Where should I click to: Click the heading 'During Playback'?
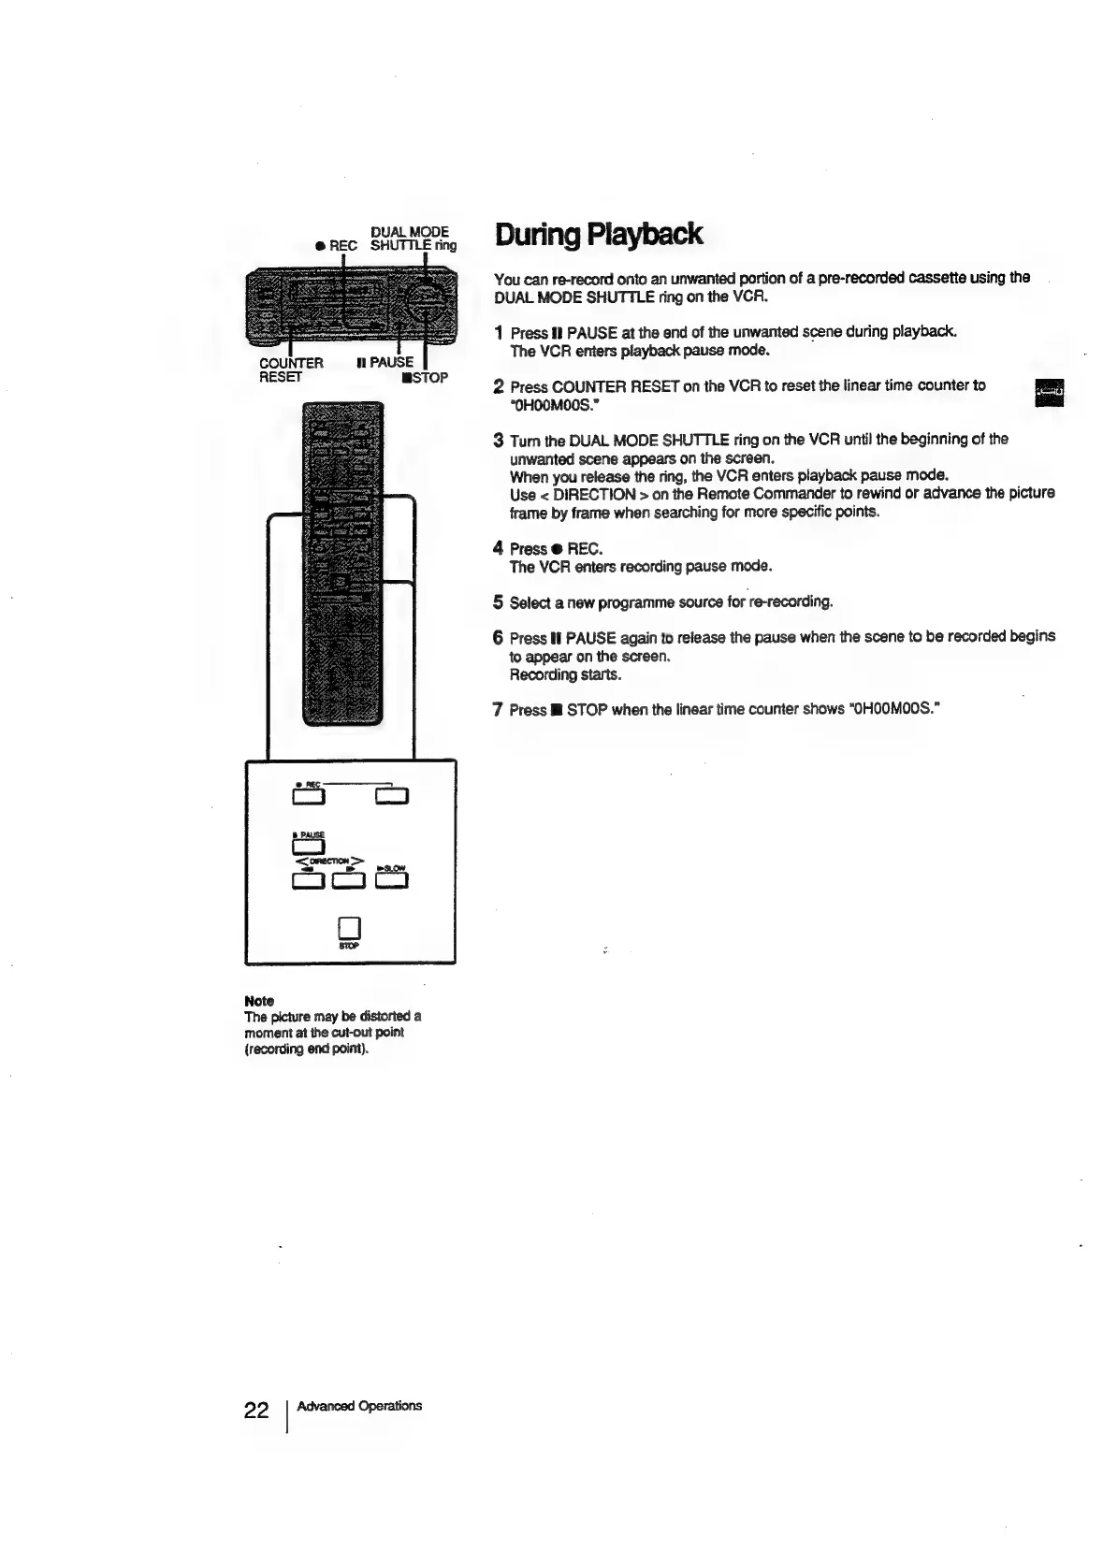click(x=598, y=234)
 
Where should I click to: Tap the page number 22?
click(x=255, y=1411)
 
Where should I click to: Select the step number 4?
click(x=499, y=548)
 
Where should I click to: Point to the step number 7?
click(x=499, y=710)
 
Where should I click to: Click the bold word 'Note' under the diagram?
click(x=259, y=1001)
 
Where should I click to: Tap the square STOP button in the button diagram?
click(x=349, y=927)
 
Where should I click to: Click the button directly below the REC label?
click(x=308, y=797)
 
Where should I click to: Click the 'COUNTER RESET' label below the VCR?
click(x=291, y=369)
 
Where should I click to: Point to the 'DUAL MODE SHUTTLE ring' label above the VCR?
click(x=413, y=239)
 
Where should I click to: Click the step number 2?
click(x=499, y=386)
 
